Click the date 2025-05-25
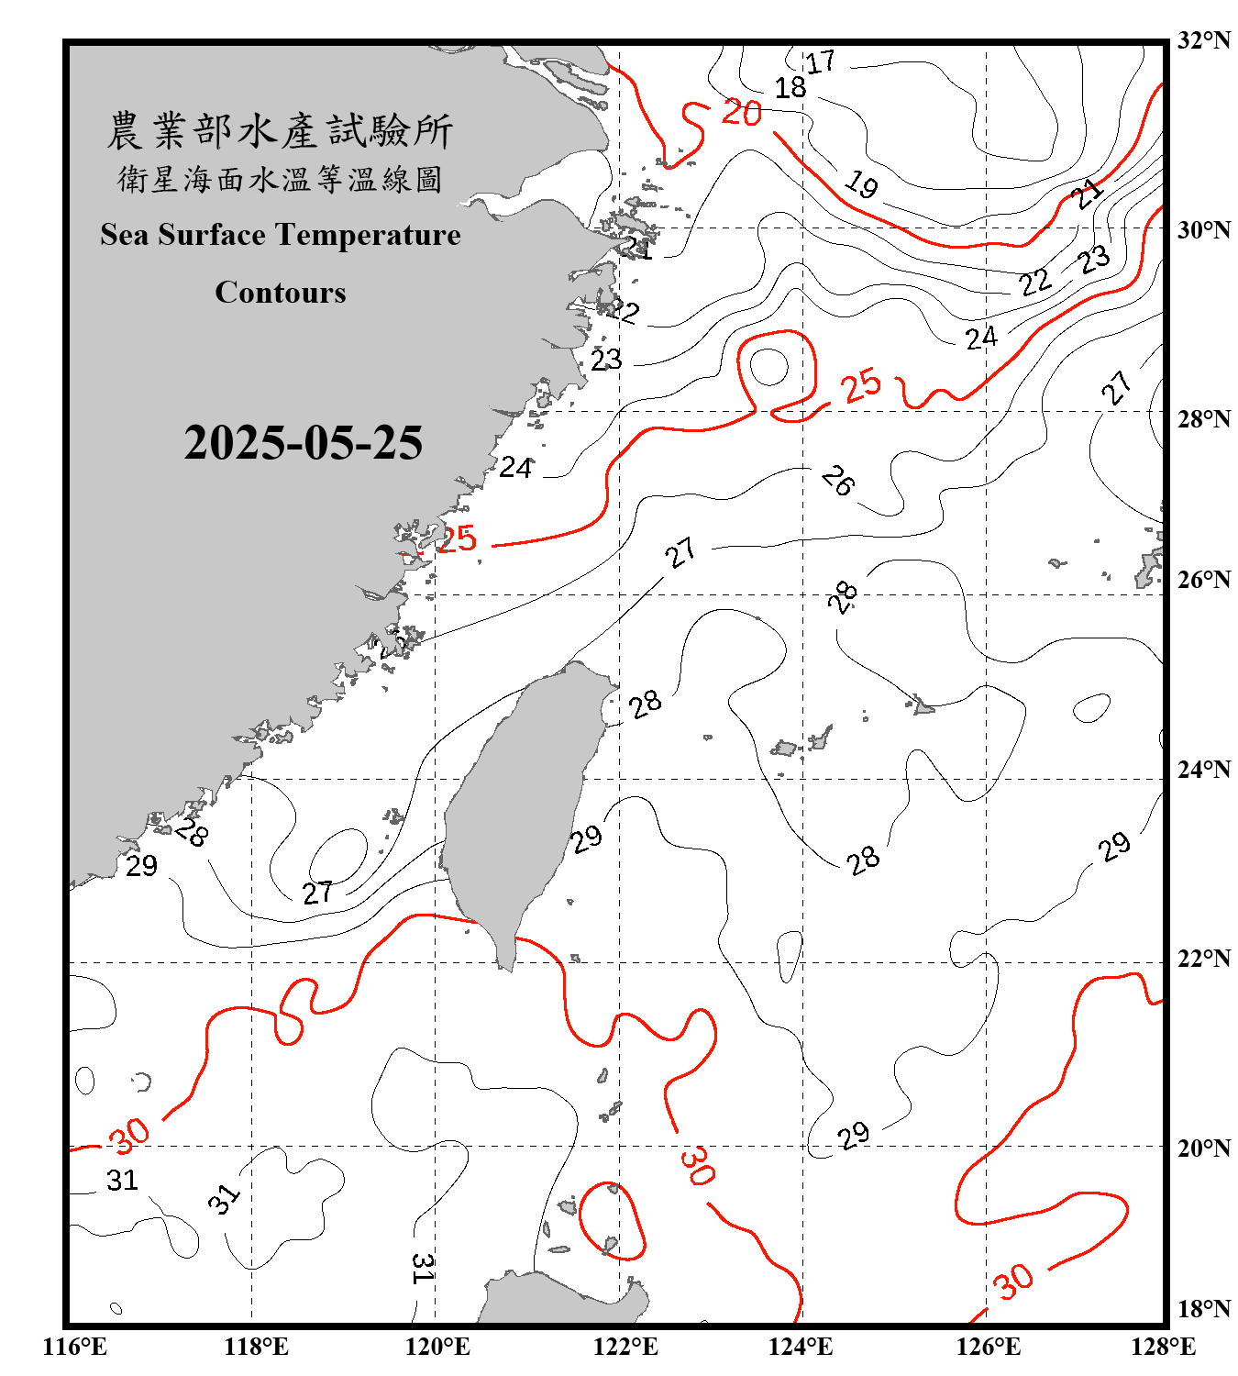[303, 443]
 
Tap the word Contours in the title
[280, 292]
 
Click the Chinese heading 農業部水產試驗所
[280, 130]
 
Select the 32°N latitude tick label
[1203, 40]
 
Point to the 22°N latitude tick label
[1203, 959]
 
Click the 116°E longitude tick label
[75, 1347]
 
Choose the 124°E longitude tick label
[801, 1347]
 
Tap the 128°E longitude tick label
[1163, 1347]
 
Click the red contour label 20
[741, 113]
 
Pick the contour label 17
[820, 62]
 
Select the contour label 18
[790, 88]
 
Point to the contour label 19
[861, 184]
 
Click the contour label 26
[837, 480]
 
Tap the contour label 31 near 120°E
[422, 1268]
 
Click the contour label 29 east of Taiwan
[586, 838]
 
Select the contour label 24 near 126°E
[980, 338]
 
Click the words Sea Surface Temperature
[280, 235]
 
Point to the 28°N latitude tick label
[1203, 419]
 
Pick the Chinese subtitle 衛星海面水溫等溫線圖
[280, 179]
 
